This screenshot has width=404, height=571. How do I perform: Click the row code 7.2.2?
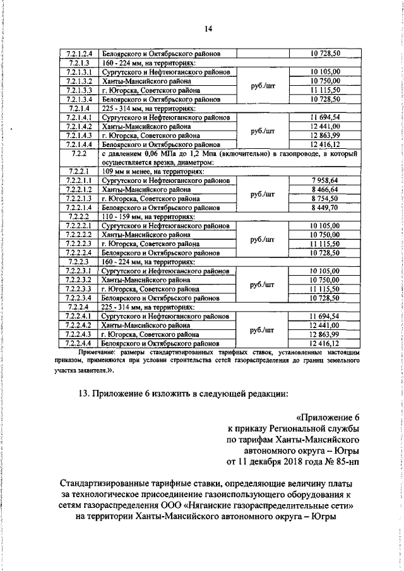pyautogui.click(x=80, y=153)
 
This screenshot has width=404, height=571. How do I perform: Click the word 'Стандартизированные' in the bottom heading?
pyautogui.click(x=114, y=484)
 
